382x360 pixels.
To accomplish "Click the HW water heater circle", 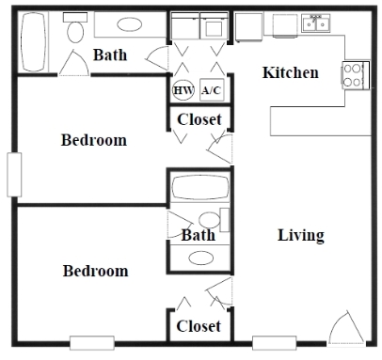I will [183, 90].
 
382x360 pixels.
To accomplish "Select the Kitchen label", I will [290, 72].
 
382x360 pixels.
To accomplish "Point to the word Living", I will [301, 235].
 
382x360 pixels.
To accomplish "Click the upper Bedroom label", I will [93, 141].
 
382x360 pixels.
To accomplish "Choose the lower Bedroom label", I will [95, 271].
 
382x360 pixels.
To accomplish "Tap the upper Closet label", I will [199, 119].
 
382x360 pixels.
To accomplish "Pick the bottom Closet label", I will [199, 326].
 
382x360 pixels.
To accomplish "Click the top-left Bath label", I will [111, 55].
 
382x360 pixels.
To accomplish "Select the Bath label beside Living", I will [199, 235].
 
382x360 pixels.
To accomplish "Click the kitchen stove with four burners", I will [354, 74].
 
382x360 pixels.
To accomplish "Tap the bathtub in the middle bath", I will [199, 188].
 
